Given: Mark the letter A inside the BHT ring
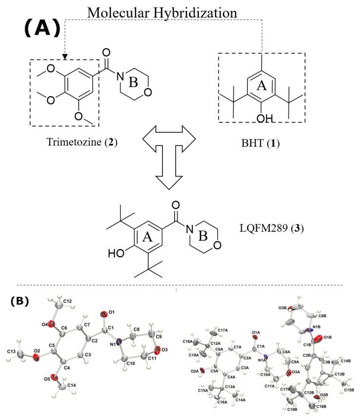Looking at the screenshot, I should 261,86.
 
